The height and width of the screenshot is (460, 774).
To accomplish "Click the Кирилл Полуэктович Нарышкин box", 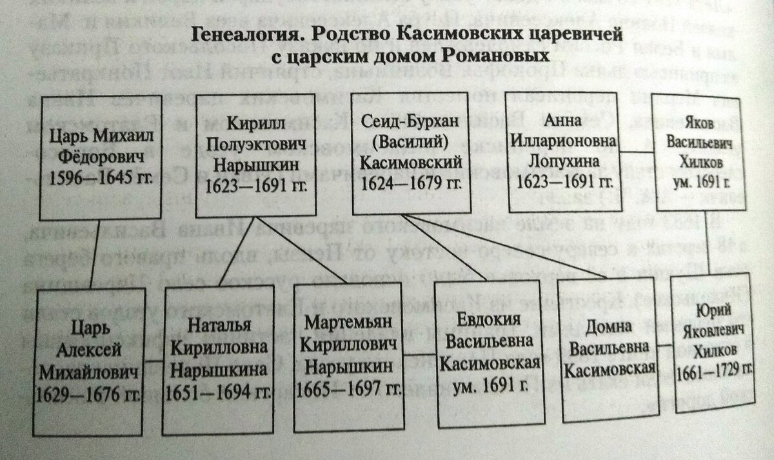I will (255, 154).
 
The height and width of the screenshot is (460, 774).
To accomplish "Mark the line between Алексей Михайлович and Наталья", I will (155, 359).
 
